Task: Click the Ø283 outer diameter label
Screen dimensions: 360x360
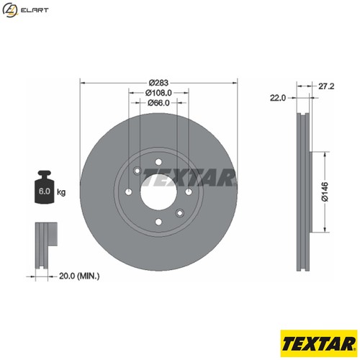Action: (158, 82)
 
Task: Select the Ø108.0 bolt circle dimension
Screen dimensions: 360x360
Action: (158, 93)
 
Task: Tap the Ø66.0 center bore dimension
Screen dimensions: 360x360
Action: (158, 103)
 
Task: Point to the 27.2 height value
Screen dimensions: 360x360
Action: (327, 85)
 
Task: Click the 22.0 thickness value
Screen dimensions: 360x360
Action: (278, 96)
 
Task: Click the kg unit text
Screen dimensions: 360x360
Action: (61, 192)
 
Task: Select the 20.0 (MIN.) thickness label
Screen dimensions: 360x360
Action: (78, 276)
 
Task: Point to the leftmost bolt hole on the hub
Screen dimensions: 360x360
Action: (128, 192)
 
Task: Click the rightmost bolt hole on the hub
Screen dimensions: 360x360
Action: (188, 192)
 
